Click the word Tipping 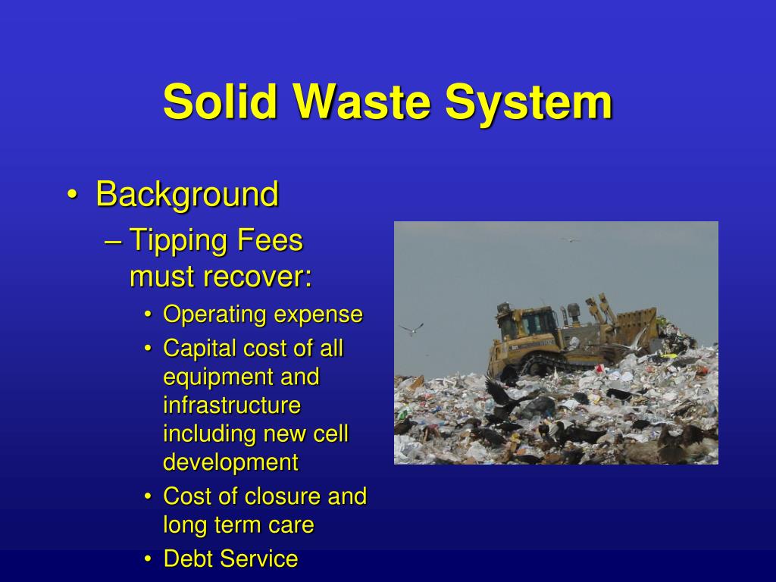(x=179, y=242)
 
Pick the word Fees (x=270, y=242)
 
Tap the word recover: (x=257, y=277)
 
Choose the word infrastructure (x=232, y=405)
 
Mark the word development (x=231, y=462)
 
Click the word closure (x=283, y=496)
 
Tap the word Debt (x=188, y=559)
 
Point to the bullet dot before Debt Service (x=149, y=559)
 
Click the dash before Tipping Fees (x=113, y=242)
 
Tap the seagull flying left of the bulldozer (x=411, y=329)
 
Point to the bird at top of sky (x=570, y=239)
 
